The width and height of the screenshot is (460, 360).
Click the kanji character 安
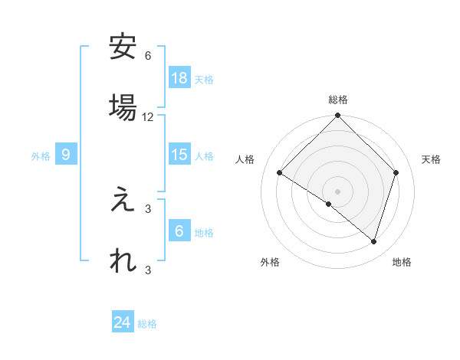tap(123, 47)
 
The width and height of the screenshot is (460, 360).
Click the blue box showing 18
tap(179, 77)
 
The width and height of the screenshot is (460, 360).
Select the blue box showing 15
tap(179, 155)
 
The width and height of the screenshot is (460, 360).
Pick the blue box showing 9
tap(67, 155)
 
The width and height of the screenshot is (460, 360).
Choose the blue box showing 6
tap(179, 231)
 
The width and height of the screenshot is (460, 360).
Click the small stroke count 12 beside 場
tap(148, 117)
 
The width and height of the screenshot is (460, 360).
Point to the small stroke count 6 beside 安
tap(148, 56)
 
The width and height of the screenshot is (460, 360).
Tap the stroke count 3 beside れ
tap(148, 270)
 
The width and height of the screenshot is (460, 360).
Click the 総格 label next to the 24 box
tap(147, 324)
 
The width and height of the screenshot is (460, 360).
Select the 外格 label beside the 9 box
tap(41, 156)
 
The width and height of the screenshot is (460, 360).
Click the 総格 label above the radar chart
tap(338, 100)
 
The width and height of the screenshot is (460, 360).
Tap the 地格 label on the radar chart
tap(402, 262)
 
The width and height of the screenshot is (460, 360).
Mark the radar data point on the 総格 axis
tap(338, 116)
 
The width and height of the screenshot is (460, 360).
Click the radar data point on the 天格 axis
tap(396, 173)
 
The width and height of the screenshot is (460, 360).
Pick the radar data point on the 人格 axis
tap(280, 173)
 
